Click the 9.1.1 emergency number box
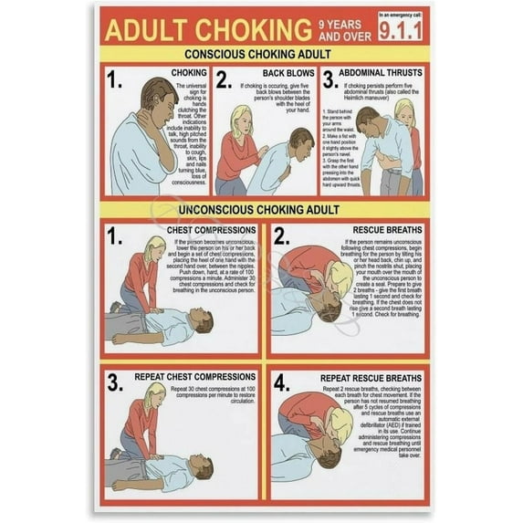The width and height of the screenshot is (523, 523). point(402,30)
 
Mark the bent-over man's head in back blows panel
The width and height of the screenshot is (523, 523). point(302,141)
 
